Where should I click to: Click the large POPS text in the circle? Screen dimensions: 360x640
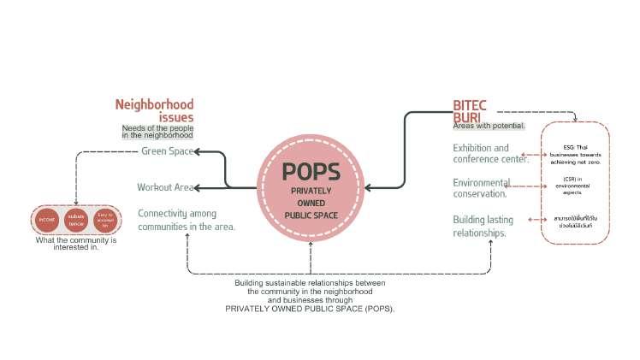(311, 172)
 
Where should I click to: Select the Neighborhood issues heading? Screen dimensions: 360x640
(155, 111)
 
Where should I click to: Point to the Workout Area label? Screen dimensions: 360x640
(165, 187)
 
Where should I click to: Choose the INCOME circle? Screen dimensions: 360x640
(47, 219)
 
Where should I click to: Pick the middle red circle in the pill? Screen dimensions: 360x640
(75, 219)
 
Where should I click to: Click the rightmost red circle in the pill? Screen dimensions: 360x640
(104, 219)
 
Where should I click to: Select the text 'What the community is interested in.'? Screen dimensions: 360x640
(76, 244)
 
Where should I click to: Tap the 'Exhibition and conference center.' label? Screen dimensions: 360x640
(490, 153)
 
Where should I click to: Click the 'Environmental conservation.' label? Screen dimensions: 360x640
(482, 187)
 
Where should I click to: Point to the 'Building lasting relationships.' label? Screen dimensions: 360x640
(483, 226)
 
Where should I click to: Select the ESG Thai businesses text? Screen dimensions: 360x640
(575, 154)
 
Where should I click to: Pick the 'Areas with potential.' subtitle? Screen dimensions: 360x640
(489, 127)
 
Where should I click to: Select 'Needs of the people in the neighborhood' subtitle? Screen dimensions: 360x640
(157, 132)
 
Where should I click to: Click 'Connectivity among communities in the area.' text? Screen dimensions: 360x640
(187, 220)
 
